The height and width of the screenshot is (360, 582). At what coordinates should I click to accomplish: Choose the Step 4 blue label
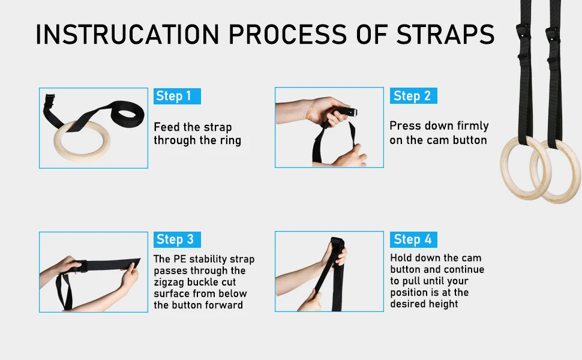[413, 239]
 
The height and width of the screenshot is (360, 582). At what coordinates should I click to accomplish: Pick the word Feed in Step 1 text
[166, 127]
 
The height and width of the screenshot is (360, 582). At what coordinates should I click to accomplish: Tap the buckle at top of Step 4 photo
[337, 244]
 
